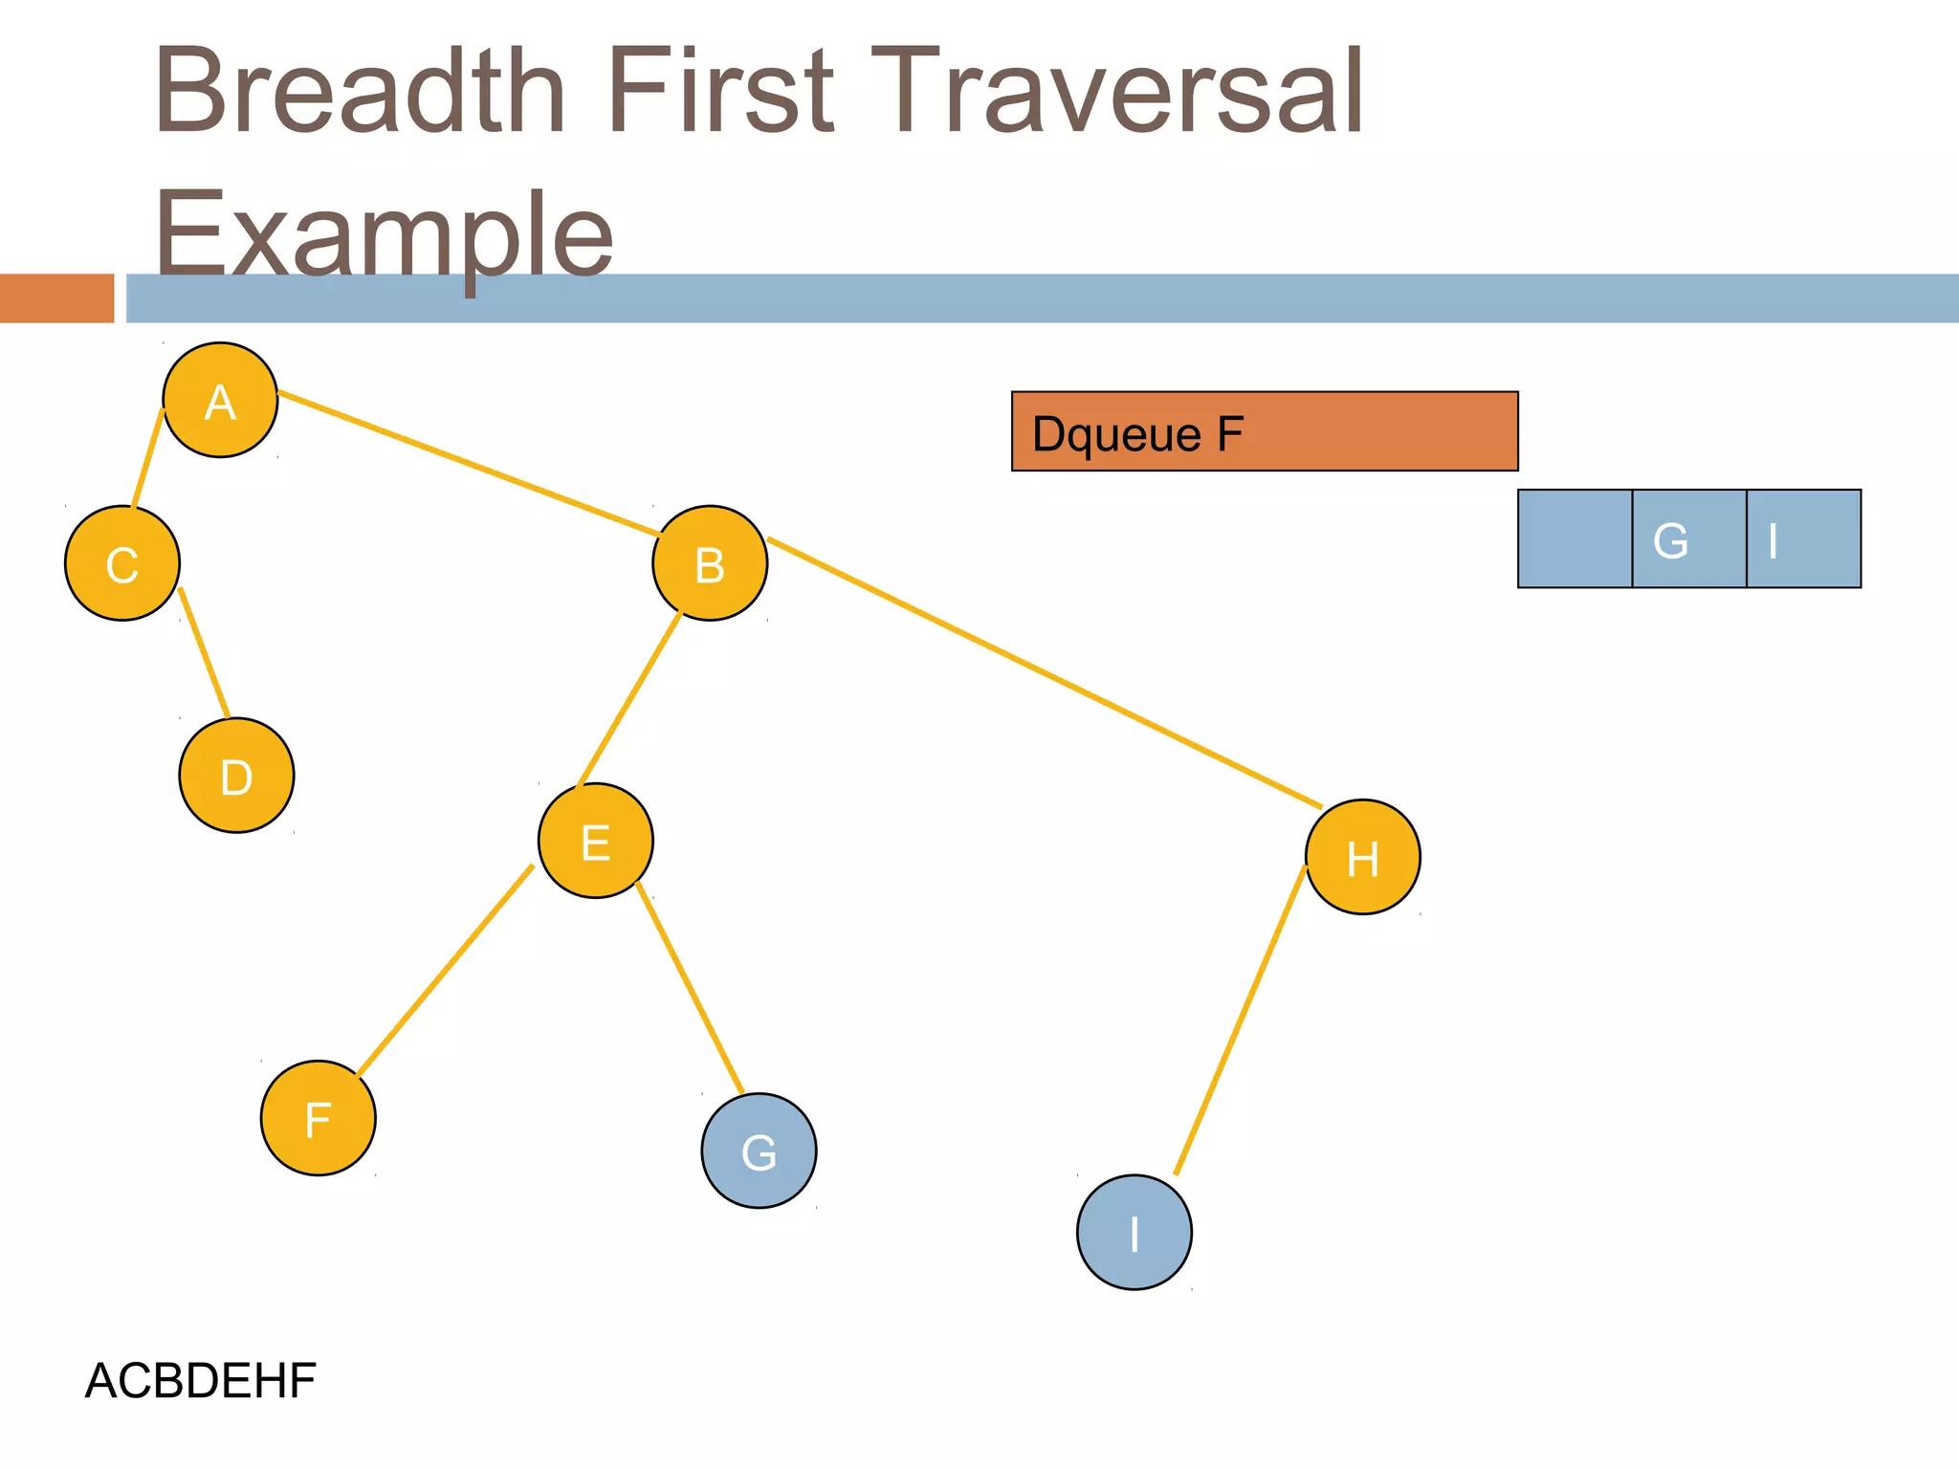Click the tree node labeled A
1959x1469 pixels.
(220, 400)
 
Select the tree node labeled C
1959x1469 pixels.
(122, 563)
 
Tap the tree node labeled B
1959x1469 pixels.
(710, 563)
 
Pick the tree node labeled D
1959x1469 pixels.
(236, 776)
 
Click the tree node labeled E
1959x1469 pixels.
(596, 841)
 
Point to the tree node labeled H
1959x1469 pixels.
(1363, 857)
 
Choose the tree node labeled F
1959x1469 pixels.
(319, 1118)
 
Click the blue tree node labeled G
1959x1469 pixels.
(759, 1151)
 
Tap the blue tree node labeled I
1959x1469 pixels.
(1134, 1232)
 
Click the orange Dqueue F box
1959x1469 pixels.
(1265, 431)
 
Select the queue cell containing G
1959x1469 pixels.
(1689, 538)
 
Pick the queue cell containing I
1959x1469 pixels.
(1803, 538)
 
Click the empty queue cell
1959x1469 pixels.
(1574, 538)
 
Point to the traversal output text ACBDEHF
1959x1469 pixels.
(201, 1380)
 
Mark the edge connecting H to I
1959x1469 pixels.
(1240, 1020)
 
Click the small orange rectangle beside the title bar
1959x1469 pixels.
(56, 298)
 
